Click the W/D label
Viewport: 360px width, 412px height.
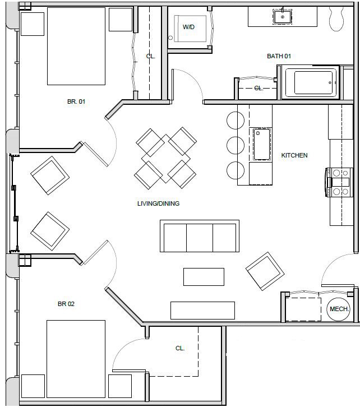tap(188, 27)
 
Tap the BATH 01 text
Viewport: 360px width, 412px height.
tap(279, 56)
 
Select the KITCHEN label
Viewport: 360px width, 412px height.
tap(294, 155)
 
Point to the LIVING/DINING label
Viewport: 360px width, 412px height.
tap(158, 203)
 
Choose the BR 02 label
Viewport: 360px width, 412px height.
tap(66, 304)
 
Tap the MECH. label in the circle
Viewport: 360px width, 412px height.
tap(339, 309)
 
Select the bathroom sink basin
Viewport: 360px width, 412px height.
tap(283, 17)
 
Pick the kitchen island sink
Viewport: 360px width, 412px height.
tap(261, 144)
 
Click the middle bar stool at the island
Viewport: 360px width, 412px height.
tap(235, 145)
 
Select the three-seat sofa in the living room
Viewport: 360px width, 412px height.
tap(200, 236)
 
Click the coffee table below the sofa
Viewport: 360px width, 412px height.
tap(204, 276)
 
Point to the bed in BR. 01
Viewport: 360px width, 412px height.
tap(76, 46)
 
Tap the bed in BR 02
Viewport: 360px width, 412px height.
tap(76, 359)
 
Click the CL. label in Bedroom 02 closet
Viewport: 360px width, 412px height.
tap(180, 348)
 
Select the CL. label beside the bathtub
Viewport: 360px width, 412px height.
tap(259, 88)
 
